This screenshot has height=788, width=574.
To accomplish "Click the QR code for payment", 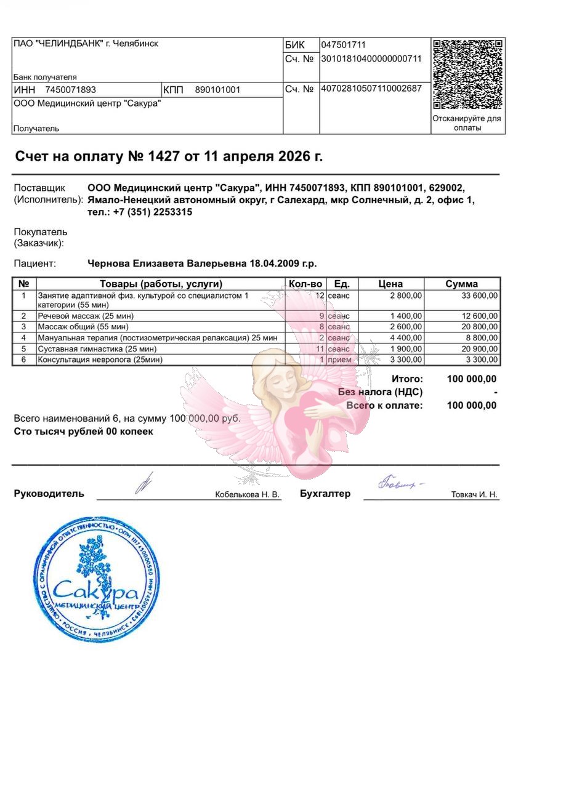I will coord(467,74).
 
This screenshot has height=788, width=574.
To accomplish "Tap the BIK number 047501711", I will coord(343,45).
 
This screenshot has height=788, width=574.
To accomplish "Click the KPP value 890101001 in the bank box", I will coord(217,90).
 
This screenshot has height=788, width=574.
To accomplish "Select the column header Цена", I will coord(390,284).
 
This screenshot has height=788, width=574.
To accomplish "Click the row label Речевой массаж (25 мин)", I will coord(86,316).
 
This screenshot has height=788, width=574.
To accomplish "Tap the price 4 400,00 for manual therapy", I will coord(406,338).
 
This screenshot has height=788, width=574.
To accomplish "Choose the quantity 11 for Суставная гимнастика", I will coord(320,348).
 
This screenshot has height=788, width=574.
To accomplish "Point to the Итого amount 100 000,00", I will coord(471,379).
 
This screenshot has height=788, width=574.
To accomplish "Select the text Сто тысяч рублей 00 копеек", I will coord(84,432).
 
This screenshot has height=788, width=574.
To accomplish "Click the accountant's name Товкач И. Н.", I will coord(474,494).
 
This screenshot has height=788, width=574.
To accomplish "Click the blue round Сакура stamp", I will coord(97,580).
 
